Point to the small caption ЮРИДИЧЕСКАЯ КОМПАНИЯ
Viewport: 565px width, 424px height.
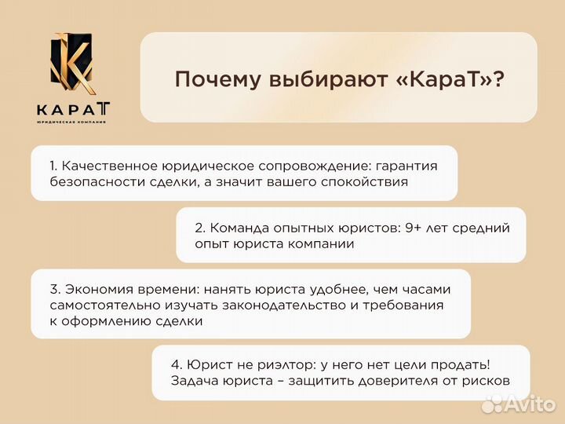click(71, 122)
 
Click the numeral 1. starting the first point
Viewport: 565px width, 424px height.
click(53, 166)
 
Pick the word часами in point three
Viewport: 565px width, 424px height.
click(428, 289)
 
